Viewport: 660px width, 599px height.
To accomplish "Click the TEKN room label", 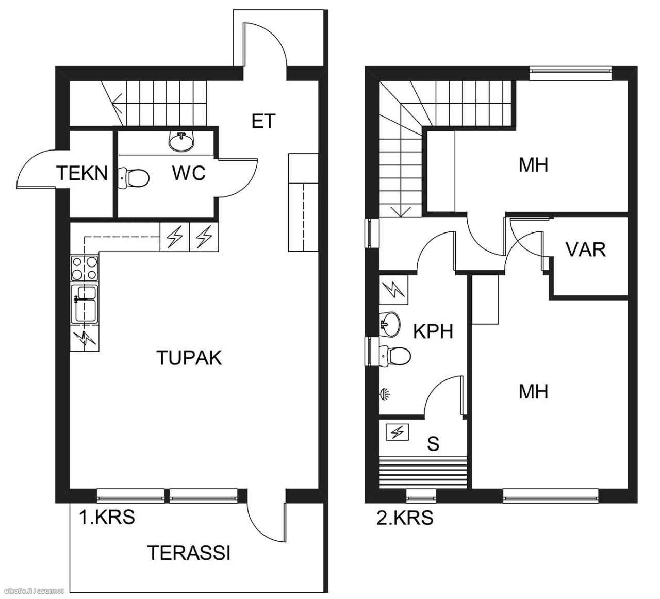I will [82, 173].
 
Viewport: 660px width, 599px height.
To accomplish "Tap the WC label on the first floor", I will [189, 173].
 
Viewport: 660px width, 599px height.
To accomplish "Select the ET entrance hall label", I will [263, 121].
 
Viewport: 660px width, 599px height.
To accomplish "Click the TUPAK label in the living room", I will [189, 357].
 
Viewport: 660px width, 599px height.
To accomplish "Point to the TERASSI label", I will [189, 553].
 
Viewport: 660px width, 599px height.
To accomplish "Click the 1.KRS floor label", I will [107, 517].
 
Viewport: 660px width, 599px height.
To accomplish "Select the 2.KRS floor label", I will [405, 518].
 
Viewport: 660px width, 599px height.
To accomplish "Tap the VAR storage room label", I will [585, 249].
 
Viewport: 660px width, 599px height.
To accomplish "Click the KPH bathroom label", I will [433, 331].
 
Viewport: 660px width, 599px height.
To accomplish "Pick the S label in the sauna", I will [433, 443].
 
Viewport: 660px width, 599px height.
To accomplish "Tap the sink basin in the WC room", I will [181, 141].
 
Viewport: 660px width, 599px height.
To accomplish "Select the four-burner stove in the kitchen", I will [84, 268].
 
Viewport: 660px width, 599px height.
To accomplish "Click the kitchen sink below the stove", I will [84, 304].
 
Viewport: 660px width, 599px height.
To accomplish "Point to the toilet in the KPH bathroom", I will [396, 355].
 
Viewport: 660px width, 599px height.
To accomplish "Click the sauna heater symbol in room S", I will [398, 432].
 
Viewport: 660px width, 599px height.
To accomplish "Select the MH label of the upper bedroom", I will [533, 165].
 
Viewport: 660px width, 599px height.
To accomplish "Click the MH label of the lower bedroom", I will [533, 392].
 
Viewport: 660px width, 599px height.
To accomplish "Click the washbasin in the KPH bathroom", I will [389, 323].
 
